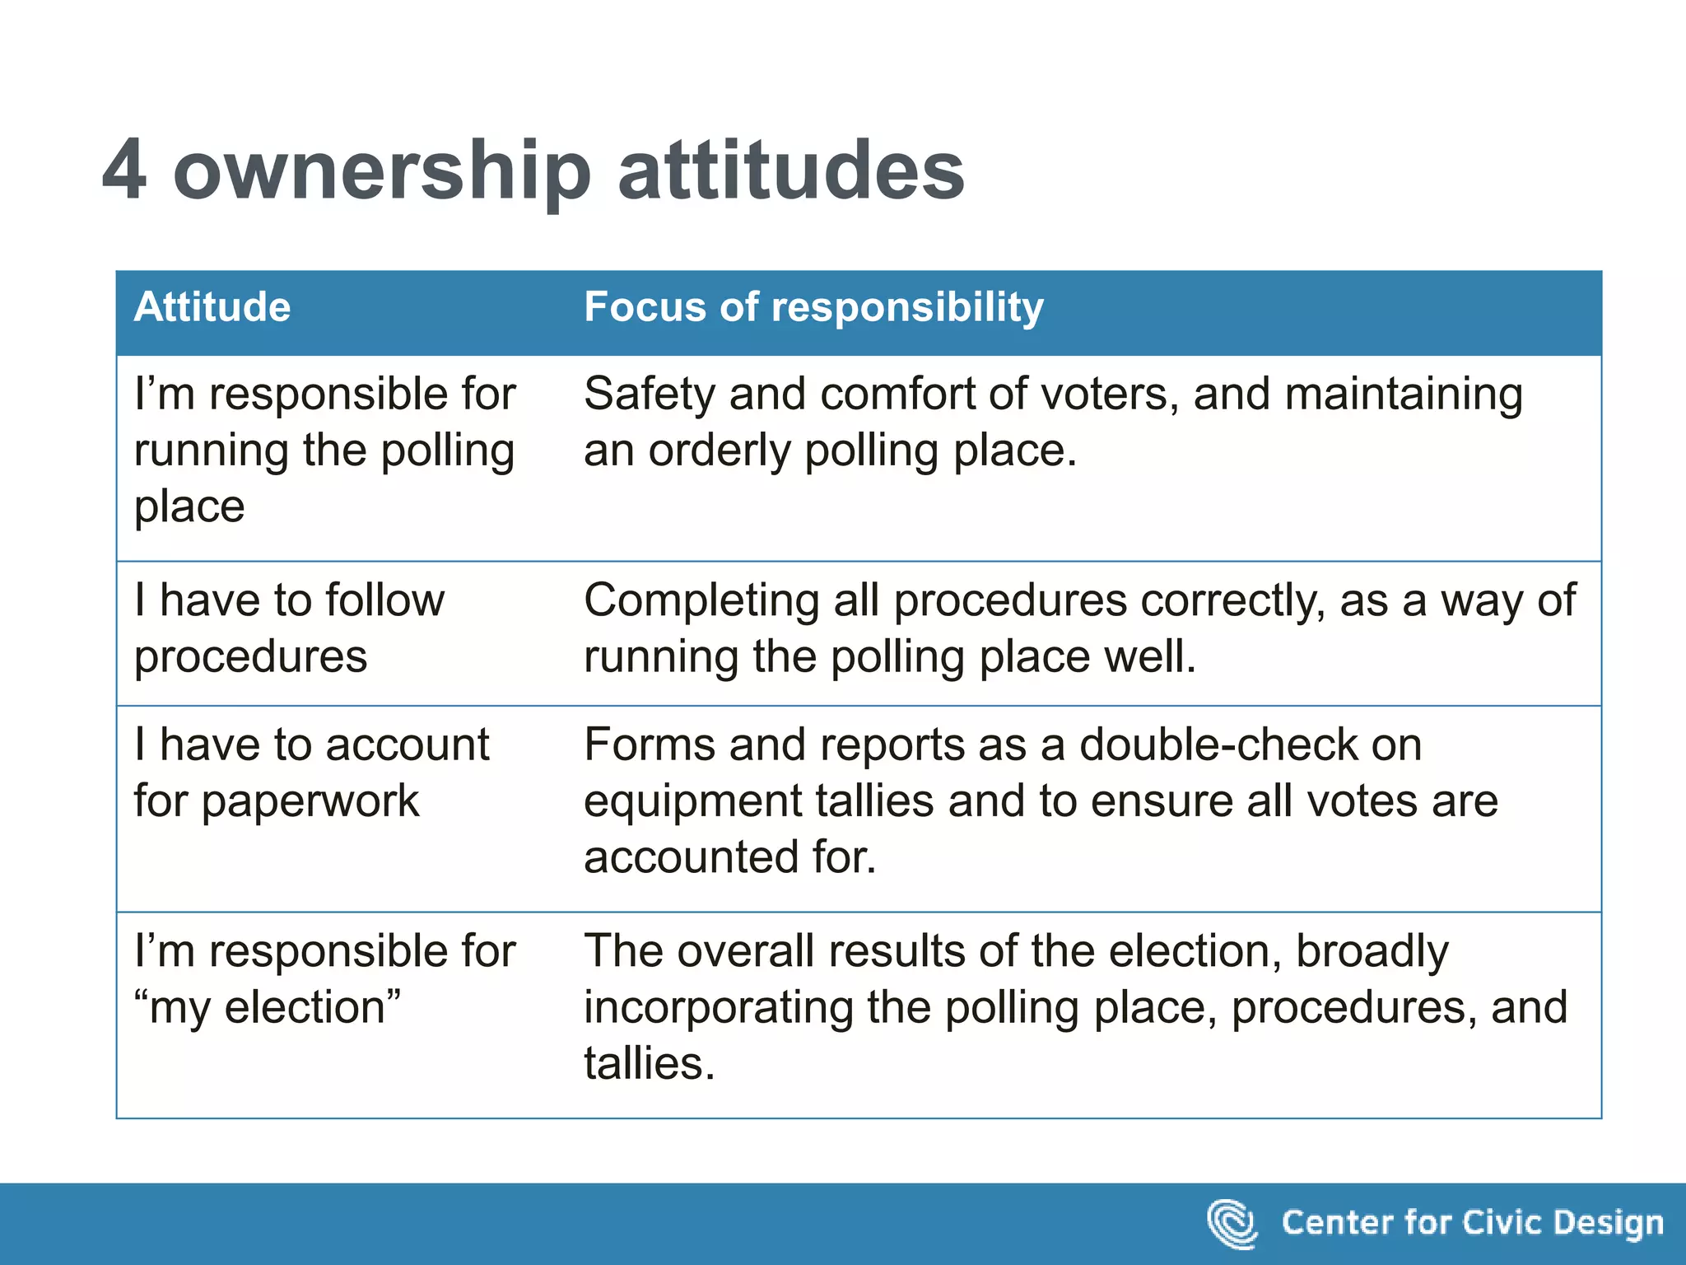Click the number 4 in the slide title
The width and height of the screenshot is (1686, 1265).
(125, 170)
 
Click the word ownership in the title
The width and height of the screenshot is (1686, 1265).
(382, 171)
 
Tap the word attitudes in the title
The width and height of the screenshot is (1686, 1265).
(790, 170)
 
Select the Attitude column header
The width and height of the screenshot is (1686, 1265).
(212, 307)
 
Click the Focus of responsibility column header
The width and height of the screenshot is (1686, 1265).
(813, 307)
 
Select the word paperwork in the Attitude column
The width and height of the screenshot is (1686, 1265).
(310, 801)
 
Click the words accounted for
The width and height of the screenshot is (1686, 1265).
(729, 857)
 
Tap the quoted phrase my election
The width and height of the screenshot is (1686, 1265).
(268, 1007)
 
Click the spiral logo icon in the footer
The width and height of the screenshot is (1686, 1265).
(1232, 1223)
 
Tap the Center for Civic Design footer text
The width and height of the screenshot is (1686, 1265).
(1472, 1223)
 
